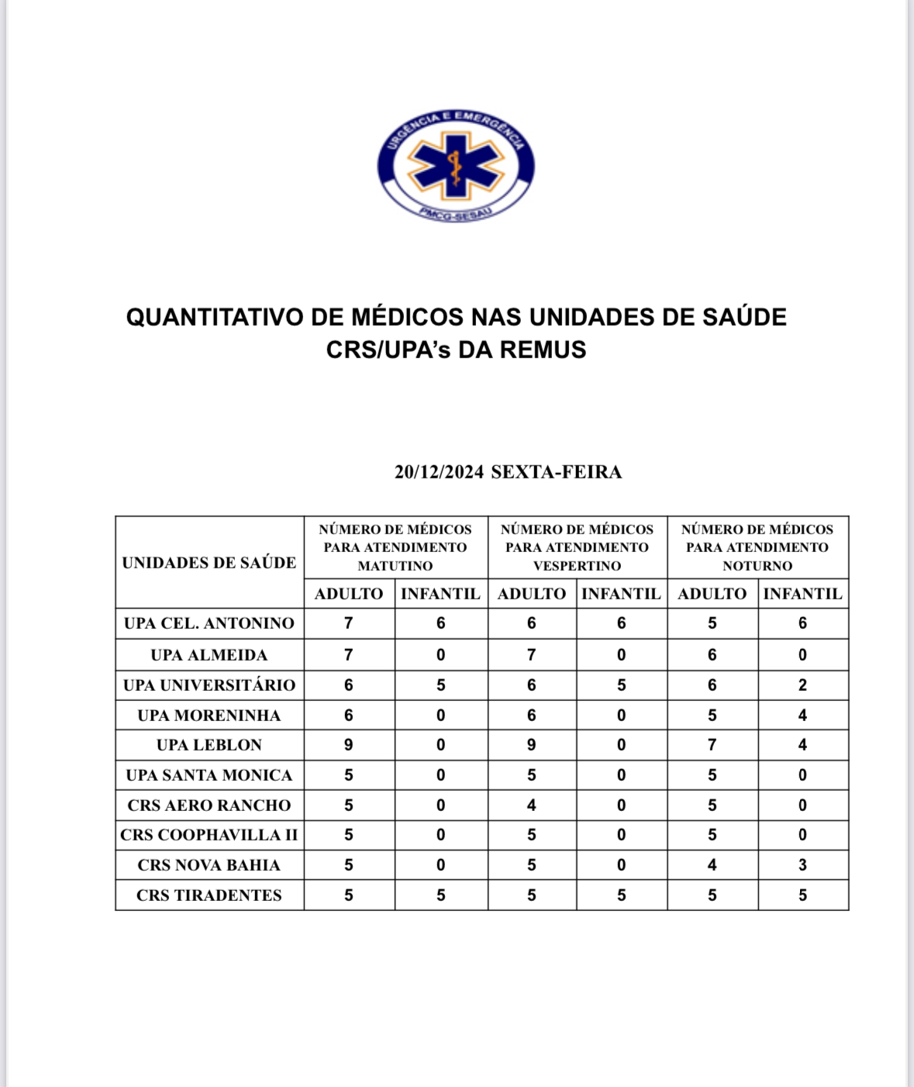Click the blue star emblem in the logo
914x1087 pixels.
click(456, 165)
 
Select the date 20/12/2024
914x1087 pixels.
click(439, 472)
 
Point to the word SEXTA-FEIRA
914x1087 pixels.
click(556, 472)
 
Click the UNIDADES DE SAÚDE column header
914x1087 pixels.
click(209, 563)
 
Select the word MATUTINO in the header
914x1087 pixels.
click(395, 566)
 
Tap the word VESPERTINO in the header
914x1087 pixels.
click(577, 566)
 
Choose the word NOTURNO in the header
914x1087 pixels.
click(757, 566)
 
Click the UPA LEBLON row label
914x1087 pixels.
click(209, 745)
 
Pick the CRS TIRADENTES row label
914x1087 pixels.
click(209, 895)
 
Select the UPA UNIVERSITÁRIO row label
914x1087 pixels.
click(209, 685)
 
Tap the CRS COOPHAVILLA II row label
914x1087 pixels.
click(209, 835)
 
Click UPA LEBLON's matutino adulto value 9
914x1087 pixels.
click(349, 745)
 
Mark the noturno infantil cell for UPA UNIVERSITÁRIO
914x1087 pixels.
click(802, 685)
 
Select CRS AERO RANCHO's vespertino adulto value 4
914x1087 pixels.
click(531, 806)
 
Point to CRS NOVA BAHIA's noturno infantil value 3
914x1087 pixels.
click(802, 865)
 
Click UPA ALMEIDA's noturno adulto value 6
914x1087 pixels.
click(712, 655)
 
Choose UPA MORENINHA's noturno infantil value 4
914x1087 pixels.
click(802, 716)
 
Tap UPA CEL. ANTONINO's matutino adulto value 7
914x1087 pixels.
click(349, 623)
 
